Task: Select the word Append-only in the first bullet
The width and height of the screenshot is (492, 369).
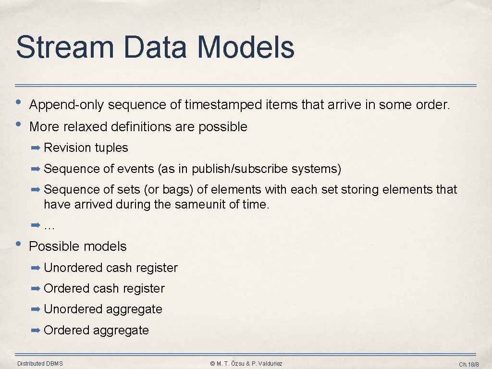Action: tap(66, 104)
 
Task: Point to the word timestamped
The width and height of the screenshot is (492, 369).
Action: tap(223, 104)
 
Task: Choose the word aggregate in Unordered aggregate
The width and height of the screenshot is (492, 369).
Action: tap(135, 309)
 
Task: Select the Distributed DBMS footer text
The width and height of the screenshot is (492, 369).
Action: tap(40, 364)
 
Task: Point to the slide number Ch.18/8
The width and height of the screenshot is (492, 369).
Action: tap(469, 365)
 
